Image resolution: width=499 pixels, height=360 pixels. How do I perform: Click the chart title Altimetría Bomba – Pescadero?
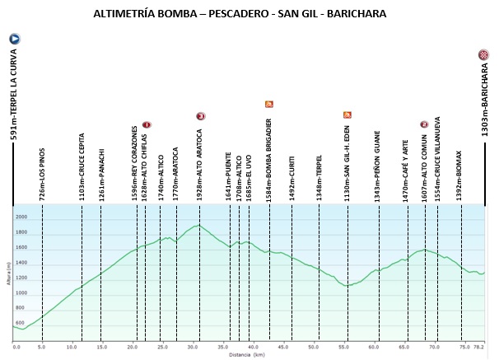240,14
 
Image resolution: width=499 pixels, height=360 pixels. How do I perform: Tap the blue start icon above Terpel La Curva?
14,39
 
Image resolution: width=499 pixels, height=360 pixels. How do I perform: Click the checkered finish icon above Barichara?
483,55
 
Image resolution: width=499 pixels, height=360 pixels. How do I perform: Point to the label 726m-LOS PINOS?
42,173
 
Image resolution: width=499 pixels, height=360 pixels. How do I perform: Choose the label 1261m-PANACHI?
101,174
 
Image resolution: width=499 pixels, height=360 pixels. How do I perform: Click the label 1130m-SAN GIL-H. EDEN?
347,160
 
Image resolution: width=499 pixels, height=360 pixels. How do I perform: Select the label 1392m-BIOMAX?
460,175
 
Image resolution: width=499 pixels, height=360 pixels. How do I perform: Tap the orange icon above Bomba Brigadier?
268,105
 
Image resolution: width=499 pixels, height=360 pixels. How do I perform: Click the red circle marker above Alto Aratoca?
200,116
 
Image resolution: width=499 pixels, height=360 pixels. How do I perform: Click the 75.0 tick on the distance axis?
465,347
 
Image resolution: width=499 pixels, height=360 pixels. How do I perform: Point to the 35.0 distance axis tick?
224,347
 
